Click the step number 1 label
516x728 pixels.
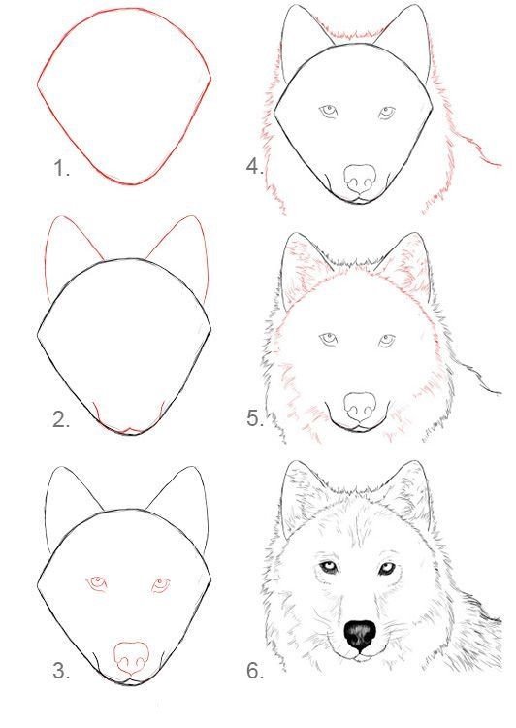[62, 168]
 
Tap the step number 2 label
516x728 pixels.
[61, 419]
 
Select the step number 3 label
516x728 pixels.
[61, 671]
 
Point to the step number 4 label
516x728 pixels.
[255, 166]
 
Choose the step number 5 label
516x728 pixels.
[255, 417]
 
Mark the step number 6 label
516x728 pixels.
[255, 671]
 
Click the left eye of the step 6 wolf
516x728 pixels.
[329, 568]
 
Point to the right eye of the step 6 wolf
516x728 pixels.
[387, 568]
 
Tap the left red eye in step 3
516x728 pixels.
[97, 582]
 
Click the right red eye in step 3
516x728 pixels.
[161, 585]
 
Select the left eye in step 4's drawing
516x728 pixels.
[329, 112]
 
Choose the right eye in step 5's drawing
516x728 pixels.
[387, 341]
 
